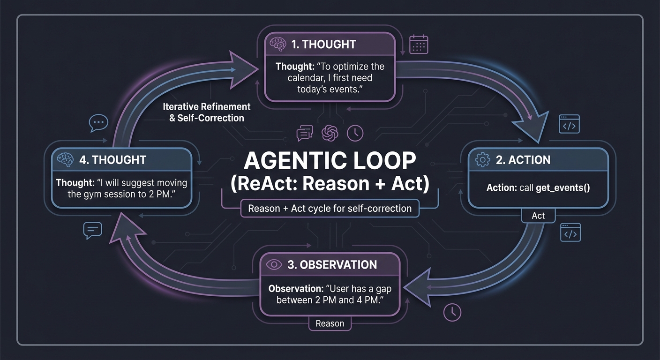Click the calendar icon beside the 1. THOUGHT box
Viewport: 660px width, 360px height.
(419, 45)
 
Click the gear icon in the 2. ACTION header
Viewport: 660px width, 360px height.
(482, 160)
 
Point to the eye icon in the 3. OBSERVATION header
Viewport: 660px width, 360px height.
(274, 264)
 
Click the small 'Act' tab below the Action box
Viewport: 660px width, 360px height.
(538, 216)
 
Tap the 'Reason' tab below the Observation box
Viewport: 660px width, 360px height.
(330, 323)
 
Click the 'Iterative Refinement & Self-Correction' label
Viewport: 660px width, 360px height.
(206, 112)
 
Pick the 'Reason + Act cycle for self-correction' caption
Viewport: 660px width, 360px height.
(330, 209)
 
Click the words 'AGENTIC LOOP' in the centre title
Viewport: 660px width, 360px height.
(330, 161)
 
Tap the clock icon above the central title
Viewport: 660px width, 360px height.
(355, 134)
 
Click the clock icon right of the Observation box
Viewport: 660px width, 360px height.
(452, 312)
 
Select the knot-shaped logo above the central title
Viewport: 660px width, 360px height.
(330, 133)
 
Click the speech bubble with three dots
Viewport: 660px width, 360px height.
(98, 123)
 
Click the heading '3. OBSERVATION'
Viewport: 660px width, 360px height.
(332, 264)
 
